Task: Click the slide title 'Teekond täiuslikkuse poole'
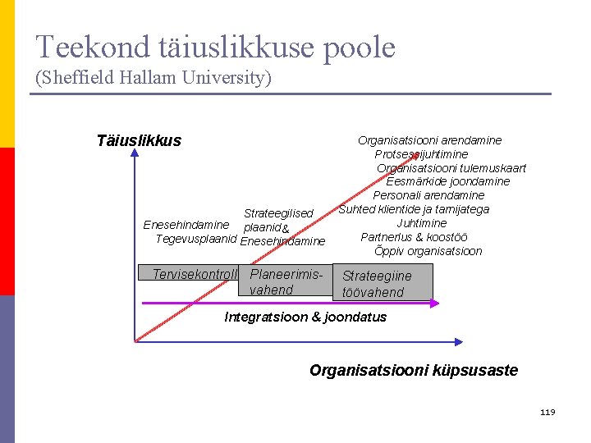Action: (x=215, y=48)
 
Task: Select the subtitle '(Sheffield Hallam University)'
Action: (x=153, y=78)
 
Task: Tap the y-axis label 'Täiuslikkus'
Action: (x=139, y=140)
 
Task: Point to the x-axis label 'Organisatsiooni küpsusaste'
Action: (x=413, y=370)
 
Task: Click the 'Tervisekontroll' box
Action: (x=194, y=274)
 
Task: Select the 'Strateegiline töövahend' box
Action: (x=383, y=284)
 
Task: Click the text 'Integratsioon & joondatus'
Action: (x=305, y=317)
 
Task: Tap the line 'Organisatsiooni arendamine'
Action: (x=429, y=140)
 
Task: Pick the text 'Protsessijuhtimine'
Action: (x=421, y=154)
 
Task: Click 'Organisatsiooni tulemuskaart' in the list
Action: (x=451, y=168)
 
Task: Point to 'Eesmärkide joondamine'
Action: (x=447, y=181)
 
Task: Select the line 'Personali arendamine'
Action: (x=428, y=195)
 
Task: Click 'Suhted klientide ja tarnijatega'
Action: (x=414, y=209)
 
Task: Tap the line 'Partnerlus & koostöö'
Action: (x=415, y=237)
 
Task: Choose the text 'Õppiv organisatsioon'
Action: (x=428, y=251)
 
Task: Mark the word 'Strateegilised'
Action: (x=278, y=213)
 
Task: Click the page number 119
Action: (x=547, y=411)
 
